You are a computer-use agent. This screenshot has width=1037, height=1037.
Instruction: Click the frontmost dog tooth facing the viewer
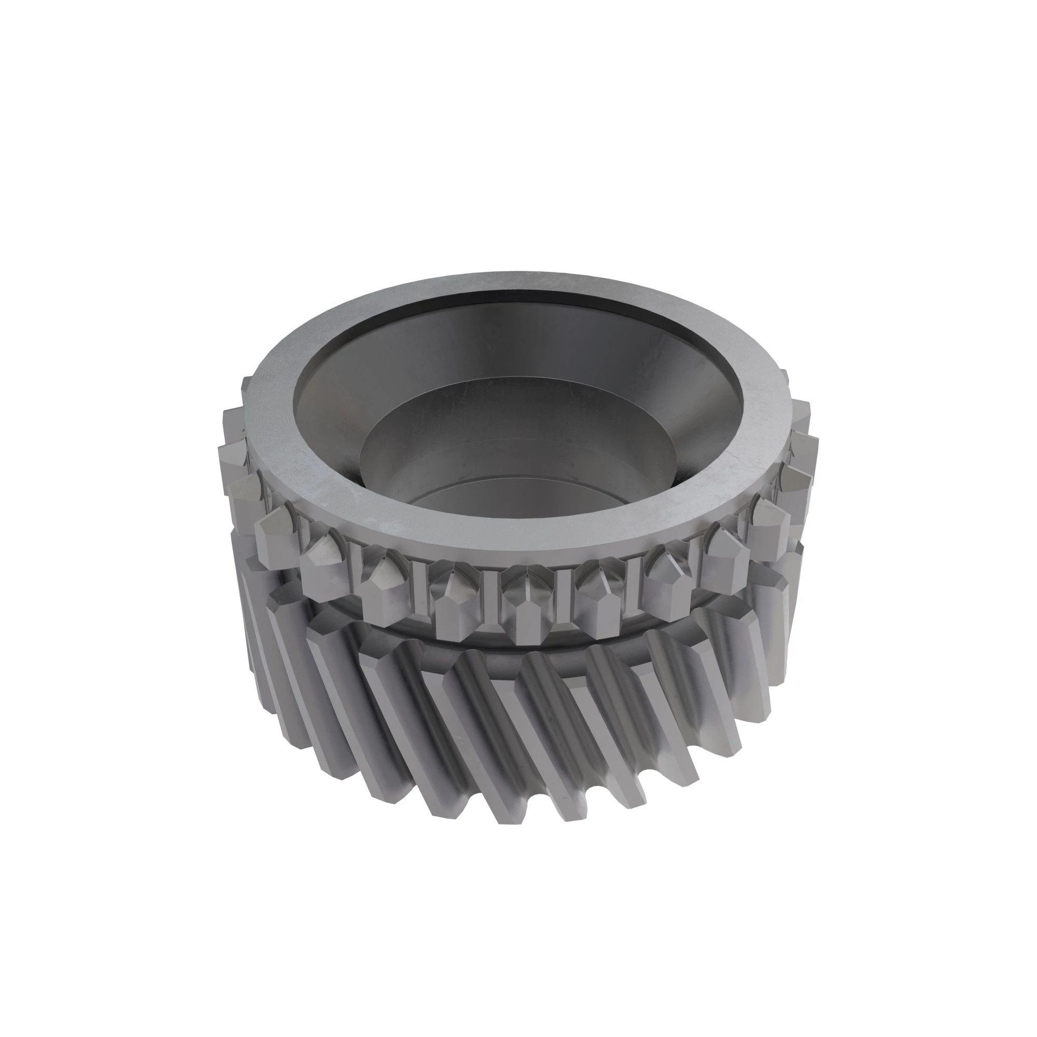click(529, 607)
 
